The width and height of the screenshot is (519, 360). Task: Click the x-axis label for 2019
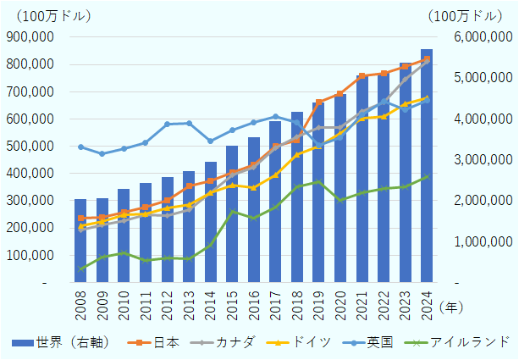tap(319, 306)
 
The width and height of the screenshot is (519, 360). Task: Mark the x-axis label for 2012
tap(168, 306)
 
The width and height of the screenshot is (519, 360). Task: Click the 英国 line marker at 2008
tap(80, 147)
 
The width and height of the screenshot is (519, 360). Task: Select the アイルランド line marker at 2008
tap(80, 269)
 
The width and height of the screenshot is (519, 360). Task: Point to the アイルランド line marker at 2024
tap(427, 176)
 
